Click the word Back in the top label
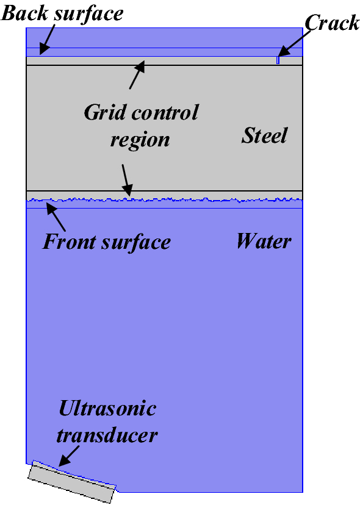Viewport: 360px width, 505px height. click(24, 13)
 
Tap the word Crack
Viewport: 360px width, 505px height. click(332, 23)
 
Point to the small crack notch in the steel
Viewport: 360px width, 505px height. click(278, 60)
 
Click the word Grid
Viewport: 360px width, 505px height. click(104, 113)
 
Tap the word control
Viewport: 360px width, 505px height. click(165, 113)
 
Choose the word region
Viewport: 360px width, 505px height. click(140, 141)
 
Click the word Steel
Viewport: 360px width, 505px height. click(264, 135)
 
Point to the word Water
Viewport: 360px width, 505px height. click(264, 242)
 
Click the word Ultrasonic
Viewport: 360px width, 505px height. click(107, 409)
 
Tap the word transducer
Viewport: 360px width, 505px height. click(107, 435)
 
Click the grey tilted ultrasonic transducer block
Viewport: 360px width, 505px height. click(72, 481)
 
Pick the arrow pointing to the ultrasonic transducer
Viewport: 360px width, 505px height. click(69, 456)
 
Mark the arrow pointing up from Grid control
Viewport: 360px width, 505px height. click(137, 75)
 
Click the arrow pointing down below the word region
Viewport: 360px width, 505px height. click(128, 181)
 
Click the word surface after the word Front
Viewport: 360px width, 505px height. click(135, 242)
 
